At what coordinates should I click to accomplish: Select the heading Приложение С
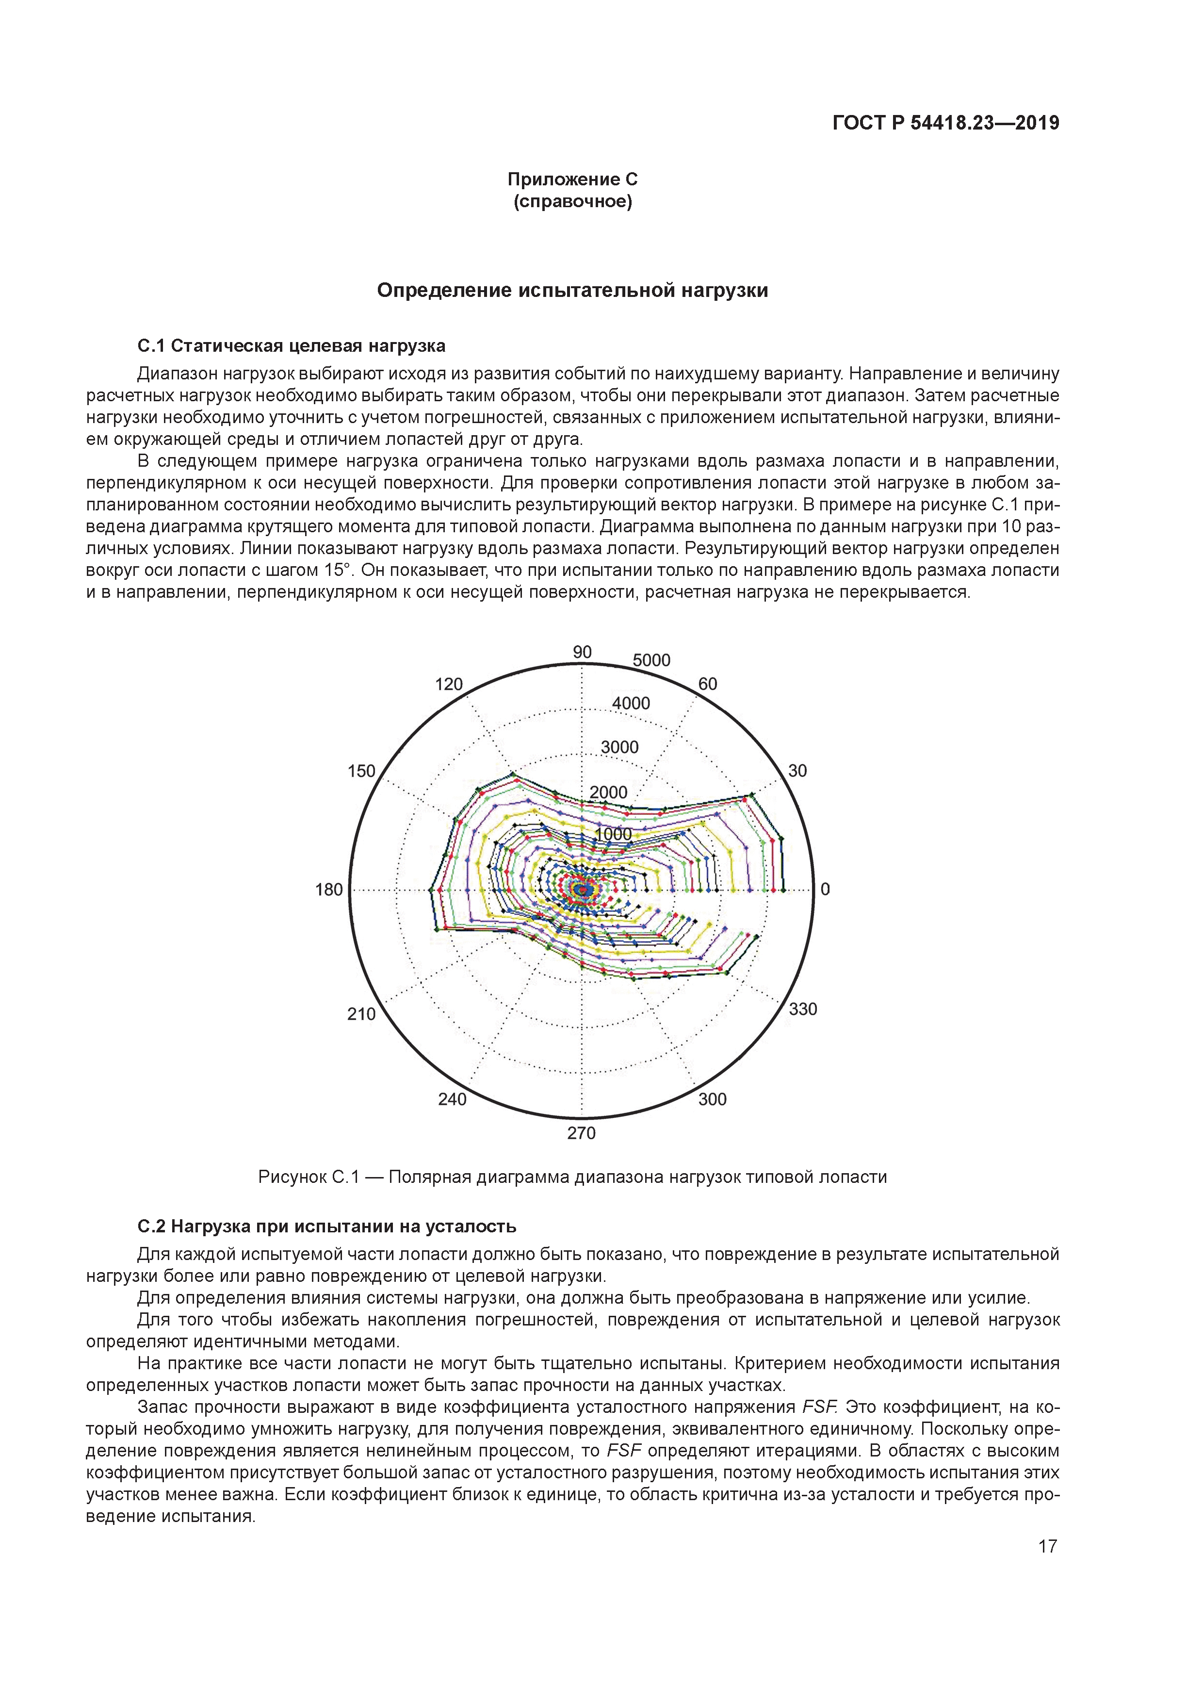point(572,180)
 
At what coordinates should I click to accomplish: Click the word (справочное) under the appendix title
point(572,202)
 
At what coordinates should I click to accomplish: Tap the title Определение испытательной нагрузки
point(572,291)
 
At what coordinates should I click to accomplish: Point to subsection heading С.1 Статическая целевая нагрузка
point(292,346)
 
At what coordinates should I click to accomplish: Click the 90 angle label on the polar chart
point(583,652)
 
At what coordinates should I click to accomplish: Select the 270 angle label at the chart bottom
point(582,1133)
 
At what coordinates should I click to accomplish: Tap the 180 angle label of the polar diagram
point(329,889)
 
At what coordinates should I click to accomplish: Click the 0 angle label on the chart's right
point(825,889)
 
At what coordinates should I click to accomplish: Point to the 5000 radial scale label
point(651,660)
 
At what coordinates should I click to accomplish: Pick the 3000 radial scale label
point(619,747)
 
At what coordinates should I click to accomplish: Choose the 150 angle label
point(362,771)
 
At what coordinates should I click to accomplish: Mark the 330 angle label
point(803,1009)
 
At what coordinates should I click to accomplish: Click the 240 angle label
point(452,1099)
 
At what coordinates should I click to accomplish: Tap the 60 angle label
point(708,684)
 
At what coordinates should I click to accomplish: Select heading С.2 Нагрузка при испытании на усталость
point(327,1226)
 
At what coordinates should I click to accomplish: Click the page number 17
point(1047,1546)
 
